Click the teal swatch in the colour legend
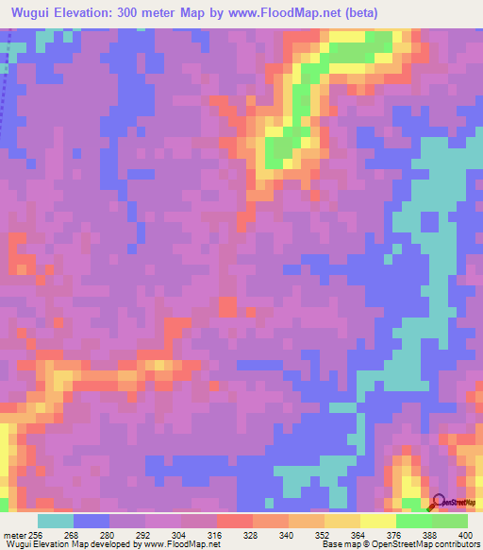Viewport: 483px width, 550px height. tap(56, 520)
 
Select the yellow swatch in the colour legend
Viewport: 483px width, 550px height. tap(377, 520)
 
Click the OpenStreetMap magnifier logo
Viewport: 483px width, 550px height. tap(440, 502)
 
